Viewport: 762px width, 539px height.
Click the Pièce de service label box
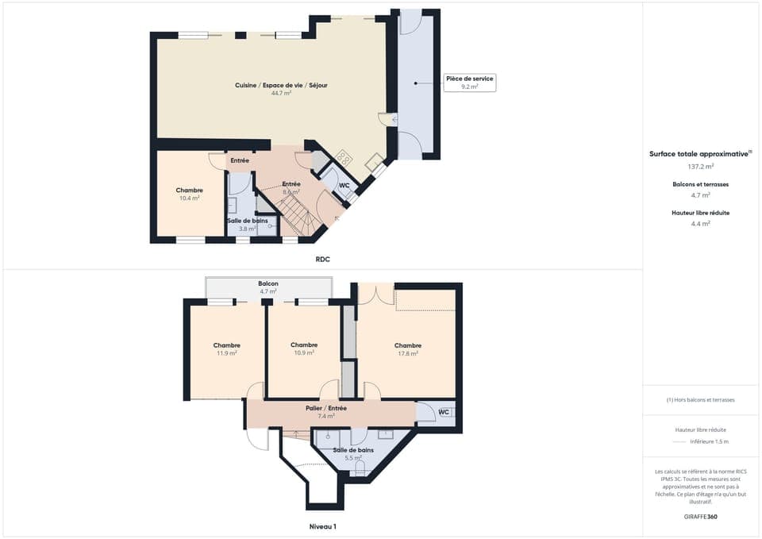coord(469,83)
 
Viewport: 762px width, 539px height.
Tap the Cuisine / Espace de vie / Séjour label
coord(281,86)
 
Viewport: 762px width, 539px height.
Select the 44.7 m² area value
coord(281,94)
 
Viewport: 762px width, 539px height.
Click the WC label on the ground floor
coord(344,186)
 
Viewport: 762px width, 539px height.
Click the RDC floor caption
coord(322,259)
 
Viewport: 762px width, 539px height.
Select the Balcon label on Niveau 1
coord(267,283)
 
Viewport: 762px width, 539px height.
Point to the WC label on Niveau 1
coord(444,412)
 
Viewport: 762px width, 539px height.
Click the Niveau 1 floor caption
coord(322,526)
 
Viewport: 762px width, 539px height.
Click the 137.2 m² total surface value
coord(700,167)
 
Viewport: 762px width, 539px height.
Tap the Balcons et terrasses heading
coord(700,184)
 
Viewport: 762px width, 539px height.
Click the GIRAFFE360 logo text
coord(700,517)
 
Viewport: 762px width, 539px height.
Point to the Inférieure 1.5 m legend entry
coord(710,441)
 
